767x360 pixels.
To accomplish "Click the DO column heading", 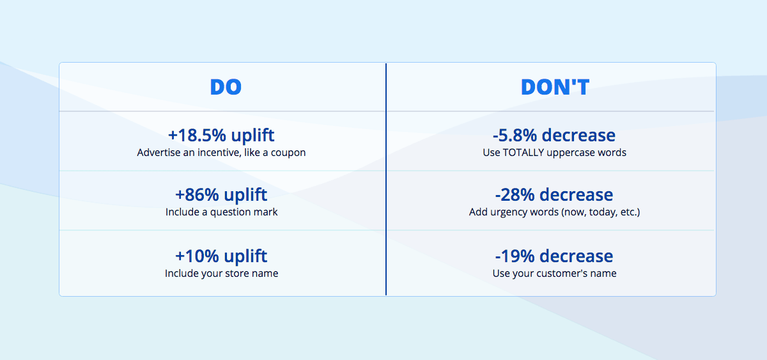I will click(226, 87).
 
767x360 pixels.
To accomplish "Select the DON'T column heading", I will click(555, 87).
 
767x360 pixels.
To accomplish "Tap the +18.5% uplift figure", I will click(221, 136).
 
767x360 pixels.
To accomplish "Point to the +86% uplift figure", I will click(221, 194).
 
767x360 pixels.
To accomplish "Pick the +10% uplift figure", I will click(221, 256).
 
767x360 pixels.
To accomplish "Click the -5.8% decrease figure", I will click(554, 136).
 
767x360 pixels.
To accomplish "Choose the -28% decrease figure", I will click(554, 194).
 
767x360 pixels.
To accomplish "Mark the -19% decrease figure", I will click(554, 256).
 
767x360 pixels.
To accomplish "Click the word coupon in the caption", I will click(289, 153).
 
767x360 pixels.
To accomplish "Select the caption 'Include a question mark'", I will click(221, 212).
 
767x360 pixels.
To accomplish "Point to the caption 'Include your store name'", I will click(221, 274).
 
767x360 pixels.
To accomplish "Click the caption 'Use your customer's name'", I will click(554, 274).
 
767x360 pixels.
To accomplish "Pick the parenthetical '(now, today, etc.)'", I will click(600, 212).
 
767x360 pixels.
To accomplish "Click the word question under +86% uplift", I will click(229, 212).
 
